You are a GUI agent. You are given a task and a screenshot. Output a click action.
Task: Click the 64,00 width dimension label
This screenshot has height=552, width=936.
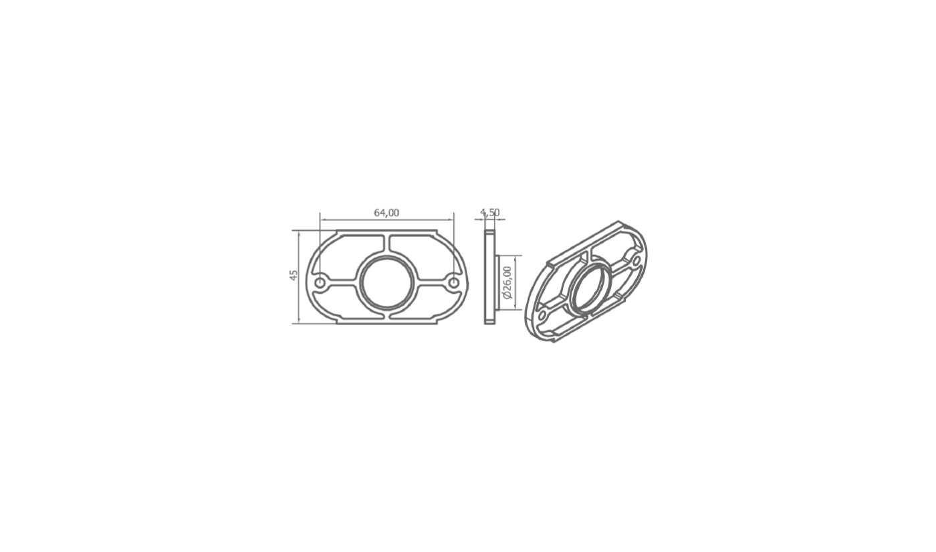pos(386,213)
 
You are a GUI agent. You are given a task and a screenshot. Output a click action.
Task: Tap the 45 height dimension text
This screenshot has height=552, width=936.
pos(294,275)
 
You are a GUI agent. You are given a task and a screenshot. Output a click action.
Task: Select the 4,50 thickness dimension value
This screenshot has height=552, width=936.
pos(489,213)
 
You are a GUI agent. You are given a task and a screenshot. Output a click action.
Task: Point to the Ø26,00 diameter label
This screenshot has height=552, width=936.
pos(507,282)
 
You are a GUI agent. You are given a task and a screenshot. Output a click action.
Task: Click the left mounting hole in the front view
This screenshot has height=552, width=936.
pos(320,282)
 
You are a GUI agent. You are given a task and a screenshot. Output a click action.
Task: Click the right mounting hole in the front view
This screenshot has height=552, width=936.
pos(454,283)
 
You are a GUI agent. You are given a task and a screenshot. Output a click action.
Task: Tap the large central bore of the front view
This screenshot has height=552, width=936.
pos(387,283)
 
